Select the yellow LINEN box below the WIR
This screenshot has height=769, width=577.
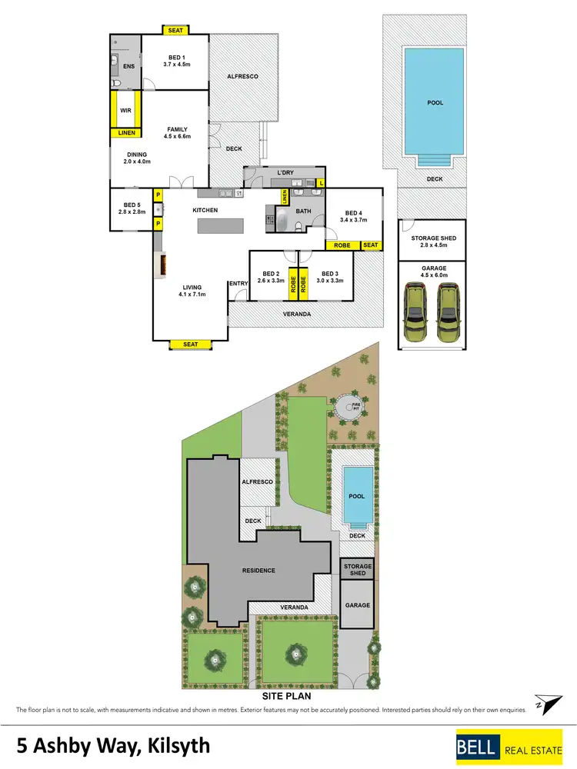point(125,133)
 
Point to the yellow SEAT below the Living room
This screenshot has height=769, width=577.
point(190,344)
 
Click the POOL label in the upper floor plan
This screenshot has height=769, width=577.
point(435,102)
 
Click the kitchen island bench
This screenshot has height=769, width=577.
point(221,225)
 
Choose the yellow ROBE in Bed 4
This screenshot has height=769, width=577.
point(342,245)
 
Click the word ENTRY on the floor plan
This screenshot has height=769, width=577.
point(238,284)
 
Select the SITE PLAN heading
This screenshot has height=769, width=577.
point(287,696)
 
